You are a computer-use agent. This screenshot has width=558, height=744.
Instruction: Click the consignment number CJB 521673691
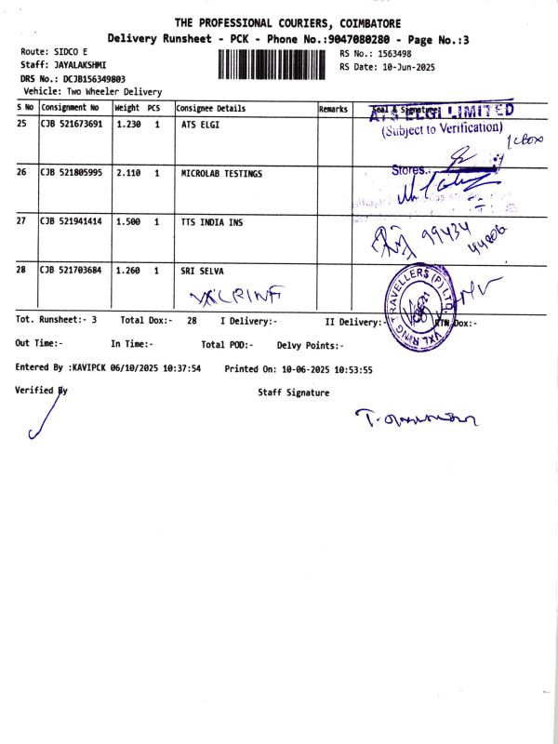(72, 124)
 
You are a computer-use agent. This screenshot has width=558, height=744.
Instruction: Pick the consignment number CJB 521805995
(72, 174)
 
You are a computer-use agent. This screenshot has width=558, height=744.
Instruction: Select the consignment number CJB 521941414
(72, 223)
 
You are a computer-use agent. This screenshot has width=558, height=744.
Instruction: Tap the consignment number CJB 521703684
(72, 271)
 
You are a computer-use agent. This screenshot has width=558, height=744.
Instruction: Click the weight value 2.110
(128, 174)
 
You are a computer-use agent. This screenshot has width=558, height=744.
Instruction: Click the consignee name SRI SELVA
(203, 271)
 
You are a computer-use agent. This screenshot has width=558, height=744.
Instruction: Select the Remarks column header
(333, 110)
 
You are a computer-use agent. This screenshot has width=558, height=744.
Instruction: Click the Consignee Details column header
(211, 109)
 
